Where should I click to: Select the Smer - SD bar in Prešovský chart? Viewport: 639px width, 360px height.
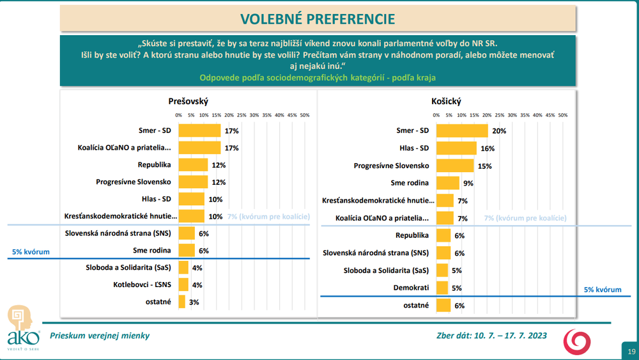click(199, 130)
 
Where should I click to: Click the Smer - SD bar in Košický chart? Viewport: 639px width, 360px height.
click(461, 130)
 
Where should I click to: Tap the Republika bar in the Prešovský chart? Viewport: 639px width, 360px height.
click(193, 165)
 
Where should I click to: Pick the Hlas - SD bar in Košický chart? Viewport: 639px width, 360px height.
click(456, 148)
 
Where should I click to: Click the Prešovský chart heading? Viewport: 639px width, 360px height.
click(188, 101)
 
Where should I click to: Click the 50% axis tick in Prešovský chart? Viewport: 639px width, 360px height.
click(304, 115)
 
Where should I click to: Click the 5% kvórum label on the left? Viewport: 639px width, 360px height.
click(30, 252)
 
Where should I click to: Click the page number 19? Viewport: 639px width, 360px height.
click(631, 352)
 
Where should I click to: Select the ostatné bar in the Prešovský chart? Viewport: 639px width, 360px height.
click(182, 302)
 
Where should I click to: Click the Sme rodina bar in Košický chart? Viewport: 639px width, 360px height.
click(447, 183)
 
